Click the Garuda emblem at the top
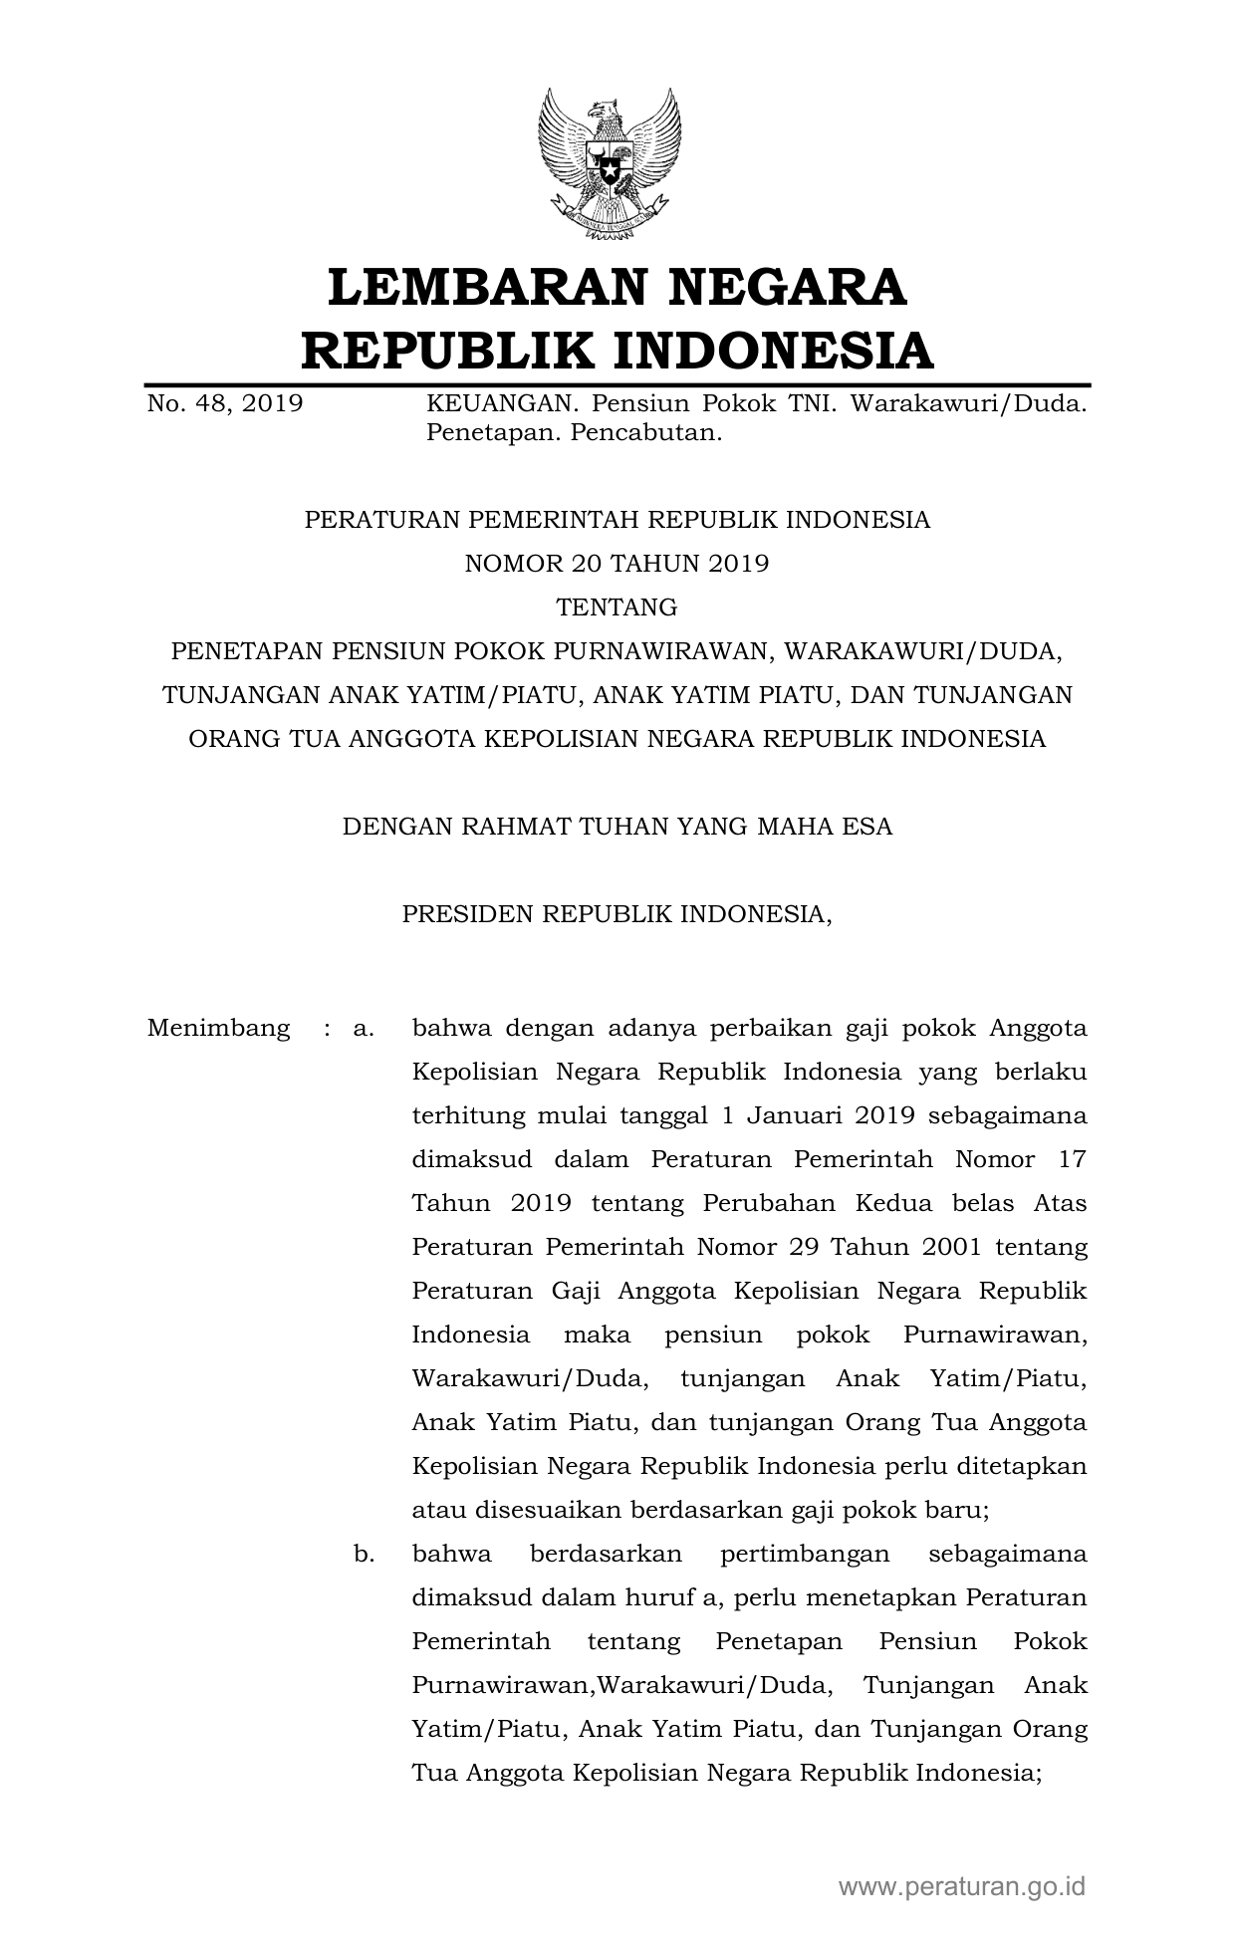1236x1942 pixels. [610, 164]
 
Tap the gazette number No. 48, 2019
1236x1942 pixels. [224, 404]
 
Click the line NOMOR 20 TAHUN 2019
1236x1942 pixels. [618, 564]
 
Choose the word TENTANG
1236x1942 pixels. [618, 607]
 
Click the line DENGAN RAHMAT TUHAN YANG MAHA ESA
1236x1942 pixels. [618, 827]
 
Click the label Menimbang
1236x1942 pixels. [219, 1028]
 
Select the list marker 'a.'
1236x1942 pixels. [364, 1028]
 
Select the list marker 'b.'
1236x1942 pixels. [364, 1554]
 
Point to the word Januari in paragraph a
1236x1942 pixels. [790, 1115]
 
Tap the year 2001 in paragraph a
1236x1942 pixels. [956, 1247]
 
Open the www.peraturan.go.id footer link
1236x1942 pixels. [961, 1885]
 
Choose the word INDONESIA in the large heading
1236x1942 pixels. [772, 351]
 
